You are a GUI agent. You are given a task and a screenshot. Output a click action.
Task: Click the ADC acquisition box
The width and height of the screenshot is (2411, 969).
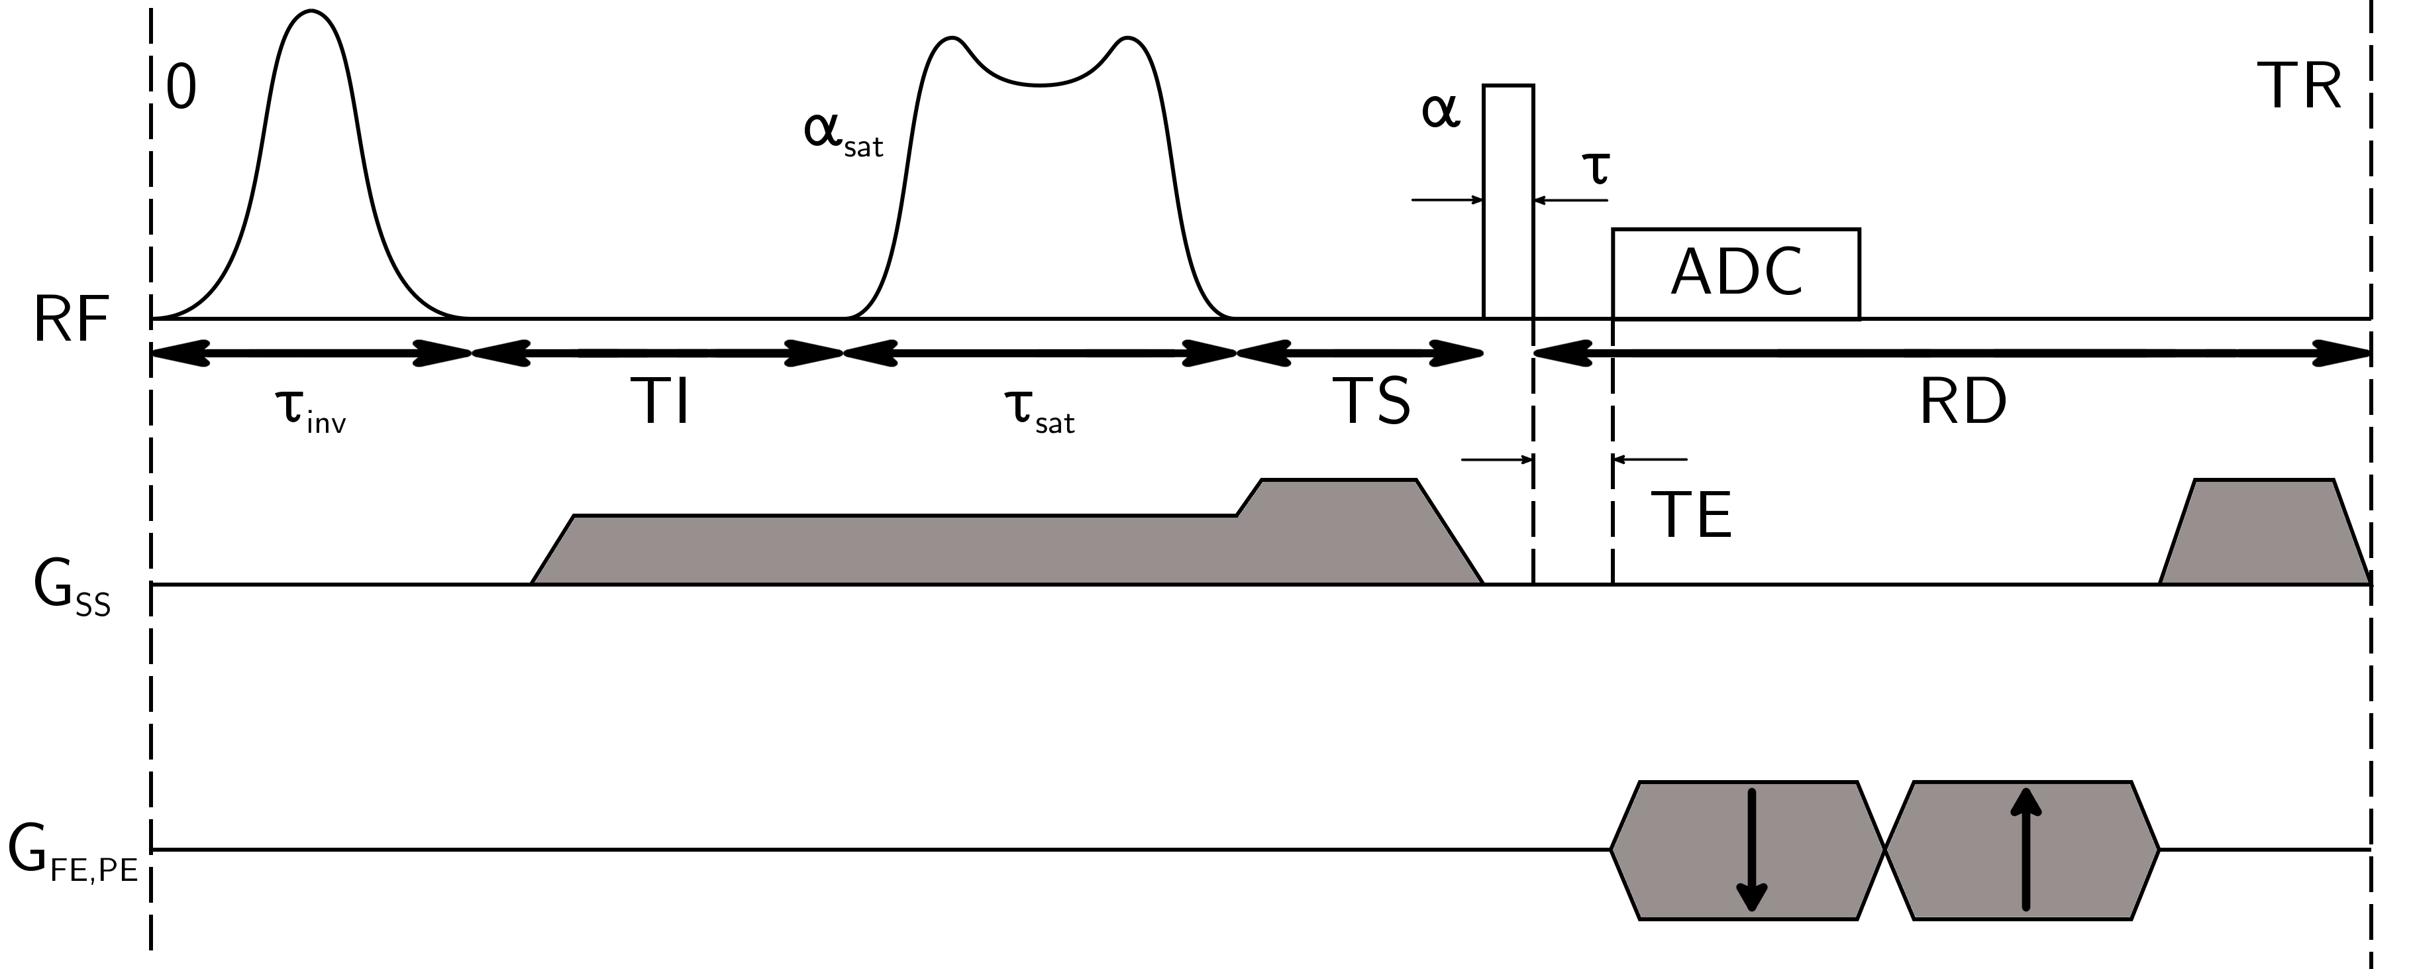[1736, 273]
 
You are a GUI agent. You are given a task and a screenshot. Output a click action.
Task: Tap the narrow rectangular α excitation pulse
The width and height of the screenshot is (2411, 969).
[1509, 202]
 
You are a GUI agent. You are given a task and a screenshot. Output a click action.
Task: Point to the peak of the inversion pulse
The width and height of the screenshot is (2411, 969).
[310, 11]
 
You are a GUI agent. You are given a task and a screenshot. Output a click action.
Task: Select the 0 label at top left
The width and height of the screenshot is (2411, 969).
[181, 89]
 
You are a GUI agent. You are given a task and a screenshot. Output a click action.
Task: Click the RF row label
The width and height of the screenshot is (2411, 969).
[71, 319]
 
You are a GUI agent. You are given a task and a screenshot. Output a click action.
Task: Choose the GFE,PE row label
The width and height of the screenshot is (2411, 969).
[73, 854]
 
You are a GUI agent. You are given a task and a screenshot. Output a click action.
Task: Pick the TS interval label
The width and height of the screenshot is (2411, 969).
[1371, 401]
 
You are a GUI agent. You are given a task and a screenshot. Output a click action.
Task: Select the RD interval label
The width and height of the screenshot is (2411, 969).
[1963, 402]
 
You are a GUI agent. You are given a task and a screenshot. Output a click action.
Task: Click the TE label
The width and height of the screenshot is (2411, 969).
[1691, 515]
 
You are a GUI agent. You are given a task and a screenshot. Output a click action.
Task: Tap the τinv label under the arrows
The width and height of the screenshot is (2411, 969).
[310, 411]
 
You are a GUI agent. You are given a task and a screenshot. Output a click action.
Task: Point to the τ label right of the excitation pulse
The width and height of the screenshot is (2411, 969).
[1595, 168]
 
